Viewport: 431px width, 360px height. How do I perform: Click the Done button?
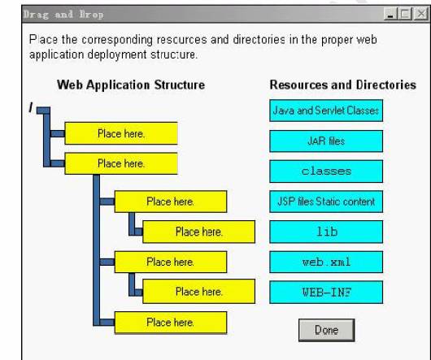(x=327, y=330)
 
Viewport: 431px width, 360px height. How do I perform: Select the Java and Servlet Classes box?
(x=326, y=111)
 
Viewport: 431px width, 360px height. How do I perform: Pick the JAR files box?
(x=326, y=141)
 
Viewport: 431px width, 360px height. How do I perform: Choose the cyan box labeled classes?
(x=326, y=171)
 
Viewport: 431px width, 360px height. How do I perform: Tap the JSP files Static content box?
(x=326, y=202)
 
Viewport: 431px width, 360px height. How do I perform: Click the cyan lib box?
(x=326, y=232)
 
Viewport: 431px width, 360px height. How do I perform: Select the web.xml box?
(x=326, y=262)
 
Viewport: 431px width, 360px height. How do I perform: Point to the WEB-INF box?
(x=326, y=292)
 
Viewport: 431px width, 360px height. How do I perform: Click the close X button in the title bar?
(x=420, y=14)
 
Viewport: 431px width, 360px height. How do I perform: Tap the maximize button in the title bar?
(x=405, y=14)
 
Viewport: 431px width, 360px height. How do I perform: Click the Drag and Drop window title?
(x=63, y=15)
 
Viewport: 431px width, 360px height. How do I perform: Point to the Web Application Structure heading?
(x=131, y=85)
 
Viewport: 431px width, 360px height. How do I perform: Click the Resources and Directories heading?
(x=342, y=85)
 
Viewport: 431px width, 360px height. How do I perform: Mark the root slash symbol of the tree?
(x=31, y=107)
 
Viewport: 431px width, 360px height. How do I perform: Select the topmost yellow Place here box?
(x=121, y=133)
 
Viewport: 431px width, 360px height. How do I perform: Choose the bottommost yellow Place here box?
(x=171, y=323)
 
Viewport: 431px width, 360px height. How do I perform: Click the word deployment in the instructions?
(x=117, y=55)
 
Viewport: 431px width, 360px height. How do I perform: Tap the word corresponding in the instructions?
(x=117, y=40)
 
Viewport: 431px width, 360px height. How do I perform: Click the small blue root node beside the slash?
(x=43, y=111)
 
